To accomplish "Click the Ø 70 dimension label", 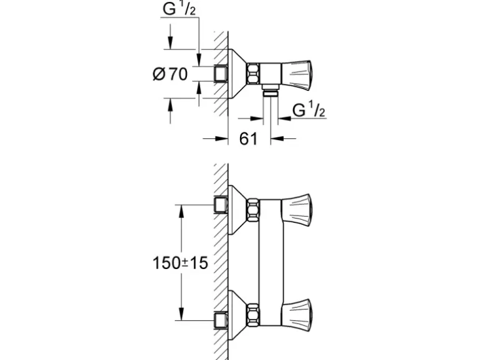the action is [x=170, y=74].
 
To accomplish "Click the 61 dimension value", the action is [x=248, y=139].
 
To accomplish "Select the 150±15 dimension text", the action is [x=180, y=263].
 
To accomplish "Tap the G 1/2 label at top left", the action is [x=179, y=9].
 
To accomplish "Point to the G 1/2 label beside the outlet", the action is [x=309, y=110].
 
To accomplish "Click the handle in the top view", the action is [x=297, y=75].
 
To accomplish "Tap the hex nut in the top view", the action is [x=253, y=73].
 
